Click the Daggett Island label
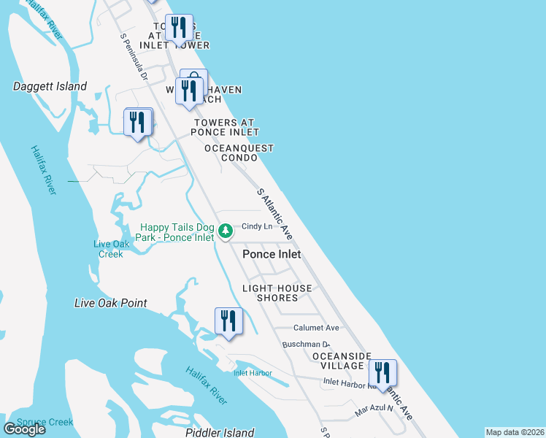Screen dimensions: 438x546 pos(50,86)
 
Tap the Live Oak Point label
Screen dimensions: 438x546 pos(110,303)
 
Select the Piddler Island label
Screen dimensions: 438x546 pos(220,433)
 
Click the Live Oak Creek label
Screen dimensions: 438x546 pos(111,249)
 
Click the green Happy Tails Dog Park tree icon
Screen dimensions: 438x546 pos(226,231)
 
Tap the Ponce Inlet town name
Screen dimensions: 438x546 pos(272,254)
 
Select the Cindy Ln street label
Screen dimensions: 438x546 pos(257,226)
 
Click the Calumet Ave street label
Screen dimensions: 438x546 pos(316,328)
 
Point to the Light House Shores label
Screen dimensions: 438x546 pos(277,293)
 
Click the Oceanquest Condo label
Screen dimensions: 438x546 pos(239,153)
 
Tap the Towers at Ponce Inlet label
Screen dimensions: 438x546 pos(225,128)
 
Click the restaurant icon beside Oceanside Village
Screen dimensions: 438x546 pos(382,372)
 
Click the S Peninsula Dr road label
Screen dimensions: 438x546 pos(134,55)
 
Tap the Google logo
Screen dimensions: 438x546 pos(25,429)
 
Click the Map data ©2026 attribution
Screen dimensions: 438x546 pos(515,432)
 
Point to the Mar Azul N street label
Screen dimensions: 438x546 pos(374,410)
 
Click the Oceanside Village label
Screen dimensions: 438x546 pos(337,361)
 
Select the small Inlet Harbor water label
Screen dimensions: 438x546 pos(253,373)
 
